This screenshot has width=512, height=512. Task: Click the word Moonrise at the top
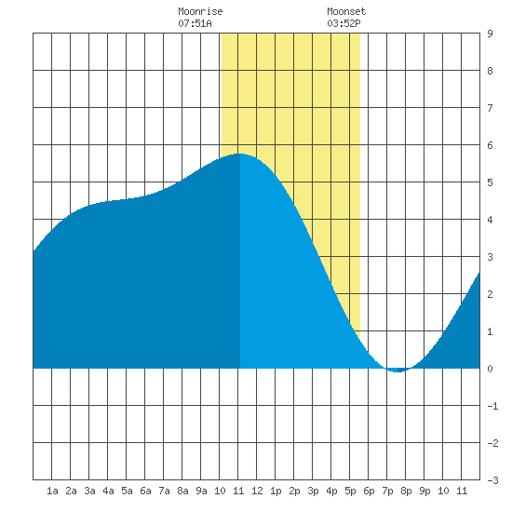200,11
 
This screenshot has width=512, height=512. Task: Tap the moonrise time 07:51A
195,23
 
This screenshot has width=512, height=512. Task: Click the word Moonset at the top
346,11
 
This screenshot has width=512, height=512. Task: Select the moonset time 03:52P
344,23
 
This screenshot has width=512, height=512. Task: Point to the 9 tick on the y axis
490,34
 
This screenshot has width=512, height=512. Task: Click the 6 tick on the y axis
490,145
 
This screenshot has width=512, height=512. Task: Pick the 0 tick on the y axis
490,369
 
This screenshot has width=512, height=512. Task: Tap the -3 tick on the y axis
492,480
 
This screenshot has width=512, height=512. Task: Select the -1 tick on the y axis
492,406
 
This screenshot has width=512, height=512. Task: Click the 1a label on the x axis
52,491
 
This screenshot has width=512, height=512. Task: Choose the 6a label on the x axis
145,491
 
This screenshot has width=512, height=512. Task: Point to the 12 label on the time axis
257,491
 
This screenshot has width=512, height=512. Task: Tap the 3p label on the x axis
313,491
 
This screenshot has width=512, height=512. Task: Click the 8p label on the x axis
406,491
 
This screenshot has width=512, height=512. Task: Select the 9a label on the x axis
201,491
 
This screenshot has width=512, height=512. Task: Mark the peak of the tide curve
239,154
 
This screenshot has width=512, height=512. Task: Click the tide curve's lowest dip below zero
397,371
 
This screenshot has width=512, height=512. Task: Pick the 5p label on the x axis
350,491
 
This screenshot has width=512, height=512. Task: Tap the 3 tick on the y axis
490,257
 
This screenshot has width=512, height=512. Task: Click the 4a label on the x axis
108,491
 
